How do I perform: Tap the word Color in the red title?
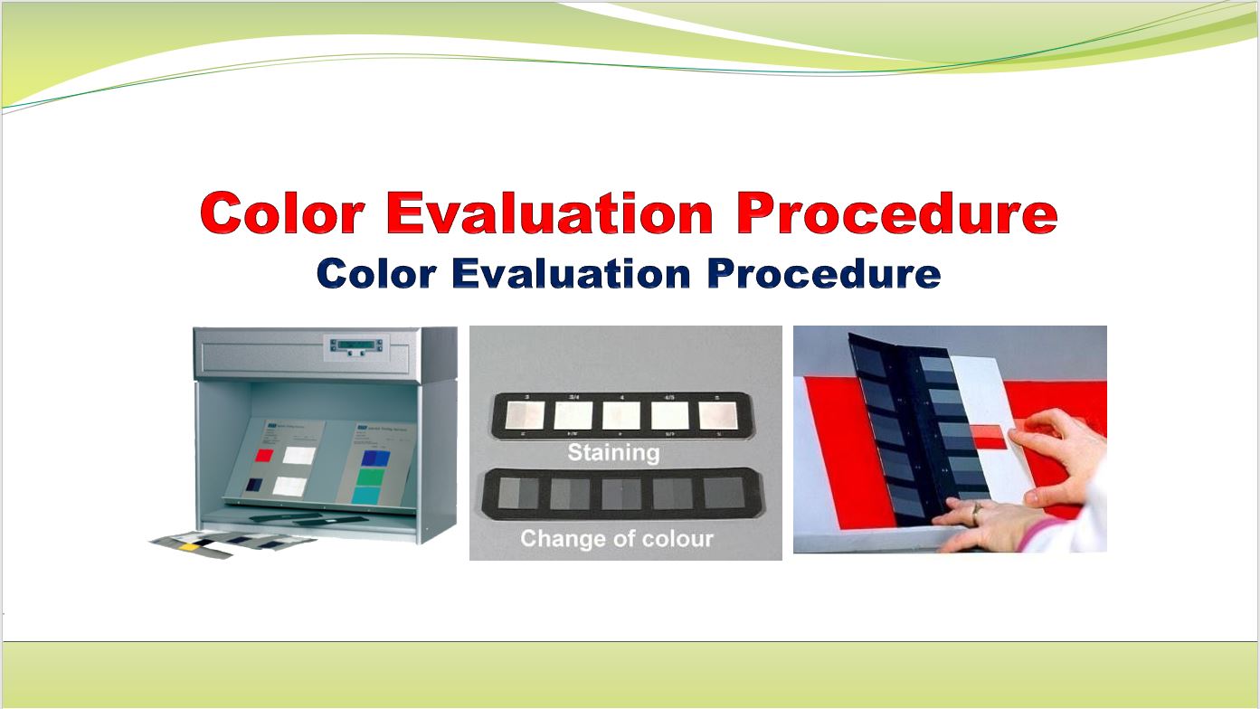pos(282,214)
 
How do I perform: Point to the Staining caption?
pos(612,451)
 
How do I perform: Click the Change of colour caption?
pos(616,539)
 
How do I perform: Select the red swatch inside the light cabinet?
pos(264,454)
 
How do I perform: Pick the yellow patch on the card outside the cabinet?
pos(190,546)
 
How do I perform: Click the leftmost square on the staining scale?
pos(524,415)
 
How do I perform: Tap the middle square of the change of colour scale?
pos(621,495)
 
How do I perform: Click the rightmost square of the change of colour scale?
pos(723,495)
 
